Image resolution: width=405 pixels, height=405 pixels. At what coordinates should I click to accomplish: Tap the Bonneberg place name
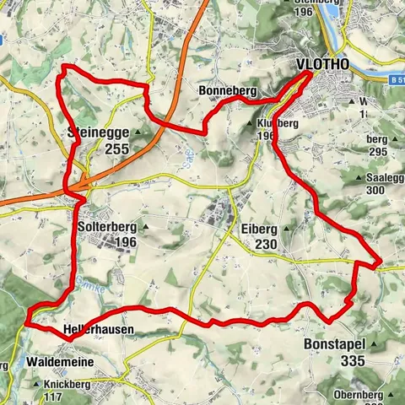coord(222,90)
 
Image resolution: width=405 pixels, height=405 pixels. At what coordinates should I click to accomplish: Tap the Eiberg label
coord(258,228)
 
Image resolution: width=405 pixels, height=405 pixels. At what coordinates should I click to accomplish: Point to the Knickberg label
coord(70,385)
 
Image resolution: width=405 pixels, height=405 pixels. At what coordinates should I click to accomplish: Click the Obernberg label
coord(359,394)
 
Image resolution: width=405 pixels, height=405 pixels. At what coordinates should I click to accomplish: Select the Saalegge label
coord(386,178)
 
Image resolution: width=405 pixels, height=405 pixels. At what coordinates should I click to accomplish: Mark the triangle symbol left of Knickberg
coord(37,385)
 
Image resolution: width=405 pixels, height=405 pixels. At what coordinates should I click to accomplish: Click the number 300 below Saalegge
coord(387,192)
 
